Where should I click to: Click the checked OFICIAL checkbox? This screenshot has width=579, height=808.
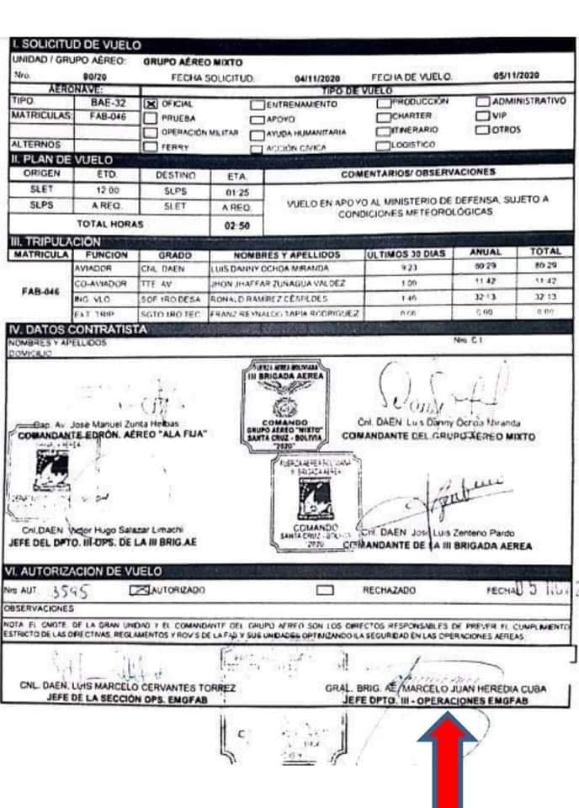(x=151, y=104)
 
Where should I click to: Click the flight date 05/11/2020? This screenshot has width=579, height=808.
(x=521, y=77)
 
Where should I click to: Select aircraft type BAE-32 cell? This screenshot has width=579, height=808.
(x=107, y=103)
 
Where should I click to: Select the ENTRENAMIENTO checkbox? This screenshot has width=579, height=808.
(x=258, y=104)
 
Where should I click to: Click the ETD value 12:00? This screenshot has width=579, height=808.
(x=106, y=190)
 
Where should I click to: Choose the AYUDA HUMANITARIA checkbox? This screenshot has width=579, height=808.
(x=258, y=132)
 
